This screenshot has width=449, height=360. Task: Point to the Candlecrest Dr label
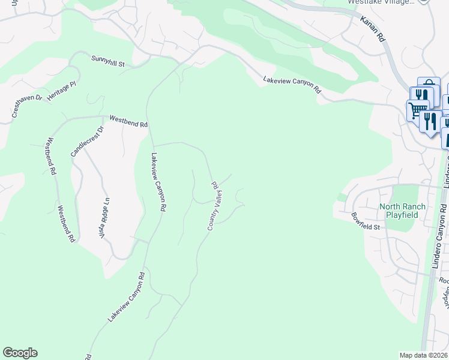(x=87, y=140)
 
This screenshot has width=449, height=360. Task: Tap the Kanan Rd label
(x=372, y=29)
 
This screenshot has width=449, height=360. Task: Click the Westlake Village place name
(x=381, y=2)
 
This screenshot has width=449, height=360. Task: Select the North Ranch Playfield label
(x=402, y=211)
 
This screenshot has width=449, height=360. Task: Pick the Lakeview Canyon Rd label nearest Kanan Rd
(x=292, y=84)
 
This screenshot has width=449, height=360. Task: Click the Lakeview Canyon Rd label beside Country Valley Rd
(x=158, y=182)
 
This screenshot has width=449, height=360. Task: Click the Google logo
(x=20, y=353)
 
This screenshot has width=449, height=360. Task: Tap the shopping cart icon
(x=417, y=110)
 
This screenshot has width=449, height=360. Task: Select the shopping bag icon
(x=429, y=85)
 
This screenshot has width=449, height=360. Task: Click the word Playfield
(x=402, y=215)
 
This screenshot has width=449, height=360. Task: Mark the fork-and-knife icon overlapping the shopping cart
(x=430, y=121)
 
